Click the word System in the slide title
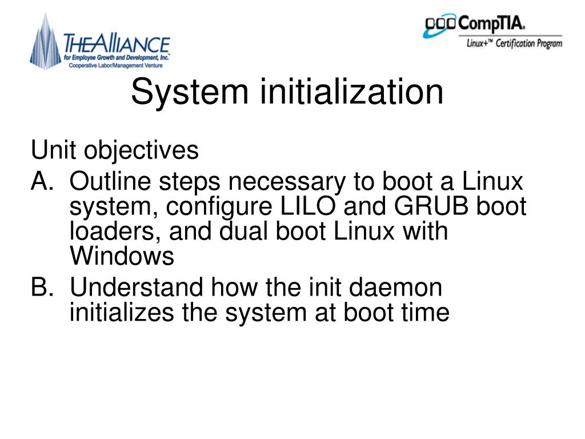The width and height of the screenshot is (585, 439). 190,92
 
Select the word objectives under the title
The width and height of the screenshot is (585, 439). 141,151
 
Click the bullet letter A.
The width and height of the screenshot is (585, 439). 42,181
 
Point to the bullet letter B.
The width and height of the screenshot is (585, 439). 42,287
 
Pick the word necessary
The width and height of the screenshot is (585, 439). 287,183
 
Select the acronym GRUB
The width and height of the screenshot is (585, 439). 431,206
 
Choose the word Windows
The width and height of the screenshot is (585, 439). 122,256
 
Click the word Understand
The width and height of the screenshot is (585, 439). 137,287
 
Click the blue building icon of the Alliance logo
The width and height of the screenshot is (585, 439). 46,42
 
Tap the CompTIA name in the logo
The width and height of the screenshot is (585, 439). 491,24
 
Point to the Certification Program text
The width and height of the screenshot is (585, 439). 529,43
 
